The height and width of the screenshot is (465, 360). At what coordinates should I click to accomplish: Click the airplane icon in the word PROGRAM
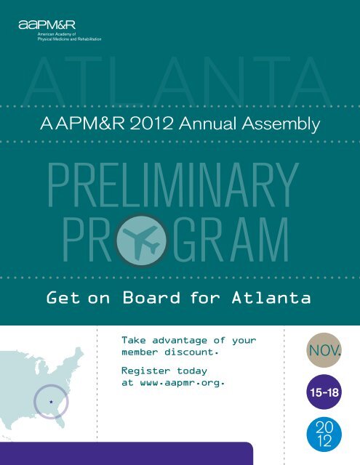140,240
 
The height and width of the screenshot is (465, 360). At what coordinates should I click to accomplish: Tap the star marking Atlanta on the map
51,402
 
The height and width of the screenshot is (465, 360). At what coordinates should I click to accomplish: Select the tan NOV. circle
324,350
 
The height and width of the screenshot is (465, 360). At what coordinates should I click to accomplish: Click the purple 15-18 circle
324,392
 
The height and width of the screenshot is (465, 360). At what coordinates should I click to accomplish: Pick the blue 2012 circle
324,434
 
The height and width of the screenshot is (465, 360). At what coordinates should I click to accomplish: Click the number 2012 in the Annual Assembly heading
151,124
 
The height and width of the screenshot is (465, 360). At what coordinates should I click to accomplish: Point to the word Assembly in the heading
281,124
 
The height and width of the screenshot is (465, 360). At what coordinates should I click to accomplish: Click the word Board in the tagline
151,297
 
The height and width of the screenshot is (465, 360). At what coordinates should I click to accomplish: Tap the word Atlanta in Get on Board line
271,297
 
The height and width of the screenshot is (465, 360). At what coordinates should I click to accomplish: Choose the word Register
145,371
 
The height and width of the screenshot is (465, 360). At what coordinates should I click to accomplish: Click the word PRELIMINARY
173,185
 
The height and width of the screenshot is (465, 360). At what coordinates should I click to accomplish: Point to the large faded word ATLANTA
178,80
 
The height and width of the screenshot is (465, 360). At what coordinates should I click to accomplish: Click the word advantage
180,341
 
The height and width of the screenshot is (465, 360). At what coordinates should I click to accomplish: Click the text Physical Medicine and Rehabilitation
69,39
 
